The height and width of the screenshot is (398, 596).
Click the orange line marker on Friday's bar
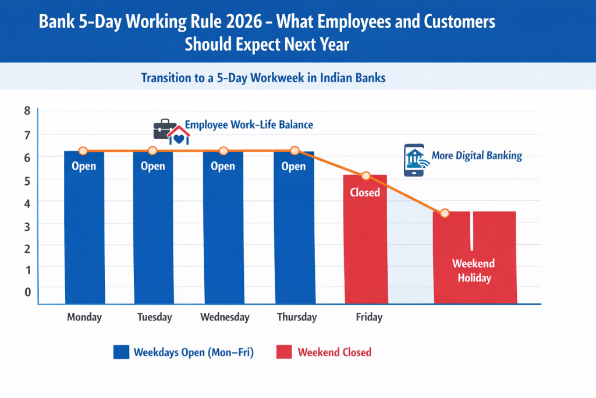(x=366, y=176)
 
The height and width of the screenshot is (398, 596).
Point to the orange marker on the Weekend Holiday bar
(x=445, y=213)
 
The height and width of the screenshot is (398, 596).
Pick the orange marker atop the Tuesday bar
(x=152, y=151)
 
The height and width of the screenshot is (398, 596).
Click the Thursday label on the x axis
(x=297, y=318)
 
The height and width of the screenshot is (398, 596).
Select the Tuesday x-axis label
(x=154, y=318)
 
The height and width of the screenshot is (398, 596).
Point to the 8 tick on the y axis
(x=27, y=111)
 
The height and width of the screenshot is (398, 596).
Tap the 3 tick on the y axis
(x=27, y=224)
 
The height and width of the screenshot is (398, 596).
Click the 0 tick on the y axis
(x=27, y=292)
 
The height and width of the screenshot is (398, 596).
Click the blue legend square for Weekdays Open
(x=121, y=352)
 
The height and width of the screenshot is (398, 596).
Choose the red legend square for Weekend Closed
(x=284, y=352)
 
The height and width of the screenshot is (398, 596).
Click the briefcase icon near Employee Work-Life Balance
(x=164, y=128)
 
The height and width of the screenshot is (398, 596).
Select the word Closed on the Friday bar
(x=365, y=193)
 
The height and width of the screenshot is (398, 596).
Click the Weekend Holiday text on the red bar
(x=474, y=271)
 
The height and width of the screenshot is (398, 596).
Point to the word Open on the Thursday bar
(x=293, y=167)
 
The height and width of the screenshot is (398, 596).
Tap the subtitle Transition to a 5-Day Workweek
(x=263, y=78)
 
